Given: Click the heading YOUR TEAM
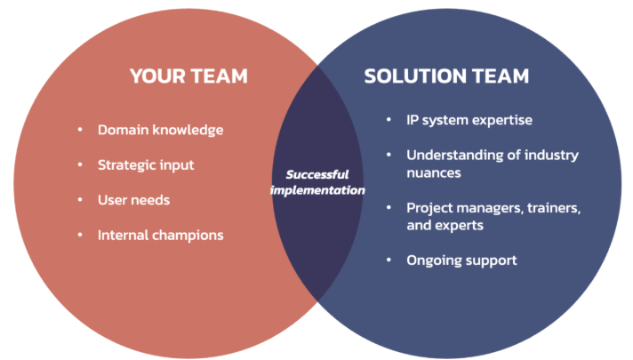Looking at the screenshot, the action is pyautogui.click(x=188, y=76).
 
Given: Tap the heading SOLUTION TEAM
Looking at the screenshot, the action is pyautogui.click(x=446, y=76).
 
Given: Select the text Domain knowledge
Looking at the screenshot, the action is pyautogui.click(x=160, y=131).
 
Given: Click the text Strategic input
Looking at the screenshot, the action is pyautogui.click(x=146, y=165).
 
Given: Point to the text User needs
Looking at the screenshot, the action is pyautogui.click(x=133, y=200).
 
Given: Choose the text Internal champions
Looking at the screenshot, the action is pyautogui.click(x=160, y=236).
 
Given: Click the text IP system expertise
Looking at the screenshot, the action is pyautogui.click(x=469, y=120).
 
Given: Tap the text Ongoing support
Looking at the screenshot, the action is pyautogui.click(x=461, y=260).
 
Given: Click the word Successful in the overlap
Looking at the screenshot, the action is pyautogui.click(x=317, y=174).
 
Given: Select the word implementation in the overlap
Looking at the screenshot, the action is pyautogui.click(x=317, y=190).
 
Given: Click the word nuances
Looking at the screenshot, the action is pyautogui.click(x=434, y=173).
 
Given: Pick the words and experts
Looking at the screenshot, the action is pyautogui.click(x=445, y=226).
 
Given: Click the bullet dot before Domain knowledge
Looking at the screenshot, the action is pyautogui.click(x=80, y=130).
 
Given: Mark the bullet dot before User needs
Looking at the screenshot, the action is pyautogui.click(x=80, y=199).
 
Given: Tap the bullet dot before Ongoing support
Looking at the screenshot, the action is pyautogui.click(x=389, y=260).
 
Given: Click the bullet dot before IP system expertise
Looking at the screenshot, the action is pyautogui.click(x=389, y=119).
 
